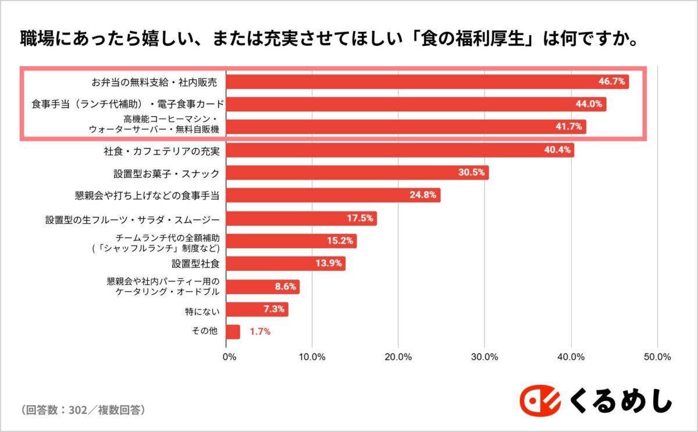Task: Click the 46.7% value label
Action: (x=611, y=81)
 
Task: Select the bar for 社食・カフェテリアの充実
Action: (x=400, y=150)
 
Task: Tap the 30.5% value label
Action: (x=471, y=173)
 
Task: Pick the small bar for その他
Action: (x=233, y=331)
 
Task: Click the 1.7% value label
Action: (x=260, y=332)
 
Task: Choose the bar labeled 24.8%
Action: (x=333, y=195)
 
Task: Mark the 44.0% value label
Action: (x=589, y=105)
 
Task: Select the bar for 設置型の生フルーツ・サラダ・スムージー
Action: (x=301, y=219)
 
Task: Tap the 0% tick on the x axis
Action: (x=229, y=356)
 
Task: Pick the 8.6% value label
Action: (x=285, y=287)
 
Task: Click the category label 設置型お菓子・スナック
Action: (x=166, y=173)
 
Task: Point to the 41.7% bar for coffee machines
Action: (x=406, y=126)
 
